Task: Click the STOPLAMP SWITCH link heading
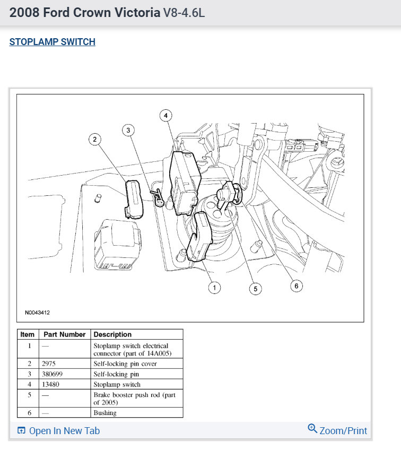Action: [x=52, y=42]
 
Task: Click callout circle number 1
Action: [x=214, y=287]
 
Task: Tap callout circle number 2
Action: [x=95, y=139]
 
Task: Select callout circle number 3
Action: [x=128, y=129]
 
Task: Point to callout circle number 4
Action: [x=166, y=115]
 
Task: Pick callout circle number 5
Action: [x=256, y=288]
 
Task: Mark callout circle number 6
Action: [x=297, y=286]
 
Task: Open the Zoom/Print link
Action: [x=337, y=430]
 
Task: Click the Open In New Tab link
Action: [x=58, y=430]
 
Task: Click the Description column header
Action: [x=112, y=334]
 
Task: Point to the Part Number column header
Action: [x=64, y=334]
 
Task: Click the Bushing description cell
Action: [x=105, y=412]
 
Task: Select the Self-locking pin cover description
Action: [x=125, y=364]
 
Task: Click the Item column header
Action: [x=27, y=334]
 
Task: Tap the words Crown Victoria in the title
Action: [x=123, y=13]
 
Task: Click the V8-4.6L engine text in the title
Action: [x=184, y=13]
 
